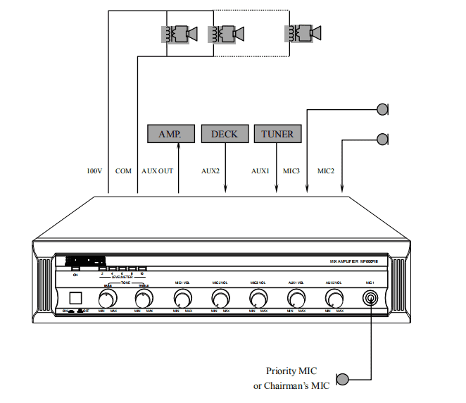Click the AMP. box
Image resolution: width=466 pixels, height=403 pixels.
pos(170,134)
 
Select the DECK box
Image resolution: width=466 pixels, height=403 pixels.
pos(224,134)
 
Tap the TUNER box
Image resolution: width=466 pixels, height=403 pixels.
pos(277,134)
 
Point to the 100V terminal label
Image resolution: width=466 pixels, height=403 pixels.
pos(94,171)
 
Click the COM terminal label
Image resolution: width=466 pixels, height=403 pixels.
pos(122,171)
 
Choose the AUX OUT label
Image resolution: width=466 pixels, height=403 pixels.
pos(157,171)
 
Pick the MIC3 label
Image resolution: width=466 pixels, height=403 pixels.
pos(291,171)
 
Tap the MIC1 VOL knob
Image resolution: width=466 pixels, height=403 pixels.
pos(182,298)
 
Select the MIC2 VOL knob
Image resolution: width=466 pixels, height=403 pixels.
pos(220,298)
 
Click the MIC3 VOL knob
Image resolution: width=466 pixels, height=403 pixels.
pos(258,298)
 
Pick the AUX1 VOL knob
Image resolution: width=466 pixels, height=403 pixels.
pos(295,298)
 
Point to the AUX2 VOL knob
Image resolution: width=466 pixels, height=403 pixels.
pos(333,298)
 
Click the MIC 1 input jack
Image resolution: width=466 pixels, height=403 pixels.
pos(370,298)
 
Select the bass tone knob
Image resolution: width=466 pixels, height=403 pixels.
pos(108,298)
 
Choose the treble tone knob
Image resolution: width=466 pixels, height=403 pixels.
pos(144,298)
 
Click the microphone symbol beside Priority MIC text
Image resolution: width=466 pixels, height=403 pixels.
pos(343,378)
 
